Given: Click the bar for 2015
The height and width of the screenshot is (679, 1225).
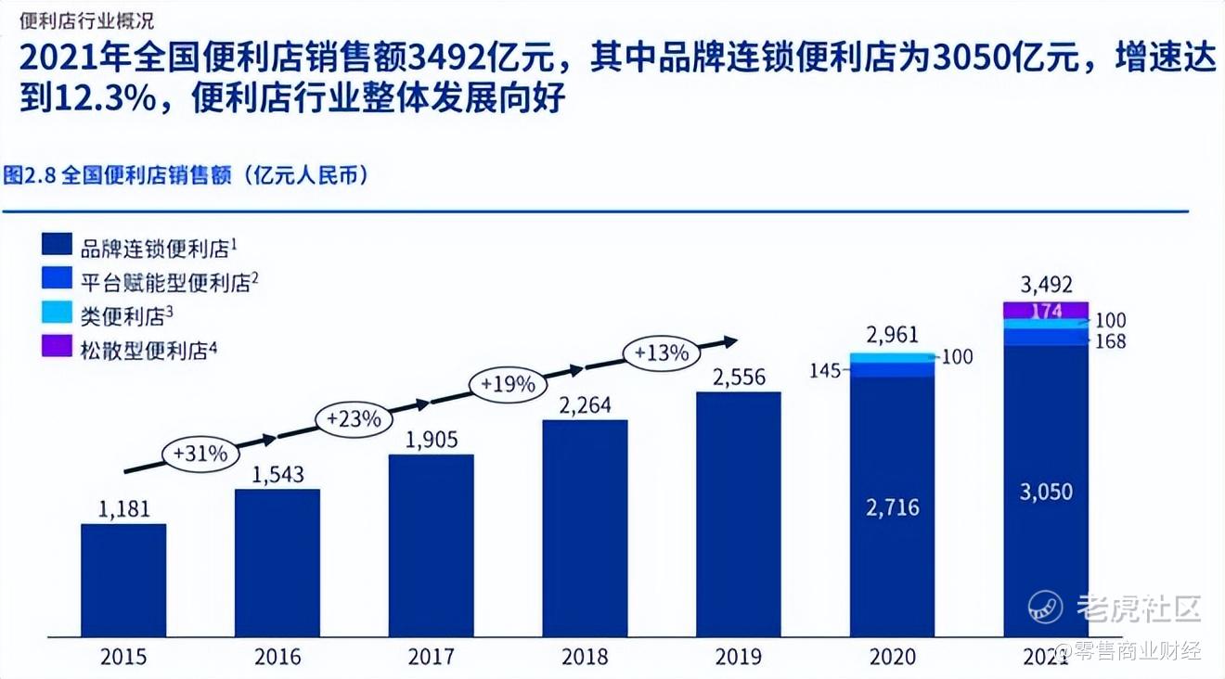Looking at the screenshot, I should pos(123,580).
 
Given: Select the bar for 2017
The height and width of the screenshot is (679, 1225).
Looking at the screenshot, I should pos(431,545).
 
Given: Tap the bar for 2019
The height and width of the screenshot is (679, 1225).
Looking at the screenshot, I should pos(738,514).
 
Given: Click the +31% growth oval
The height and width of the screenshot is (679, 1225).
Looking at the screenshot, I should pos(201,454).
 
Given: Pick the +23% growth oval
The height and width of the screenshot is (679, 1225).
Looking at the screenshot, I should pos(354,418).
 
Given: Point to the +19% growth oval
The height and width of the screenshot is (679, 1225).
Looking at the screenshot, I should pos(508,383).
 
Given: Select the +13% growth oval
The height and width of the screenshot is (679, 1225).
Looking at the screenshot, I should pos(661,352).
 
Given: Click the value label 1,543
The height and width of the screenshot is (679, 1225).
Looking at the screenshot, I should pos(277,474).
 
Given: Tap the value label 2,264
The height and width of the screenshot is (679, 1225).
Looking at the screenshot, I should pos(585,405).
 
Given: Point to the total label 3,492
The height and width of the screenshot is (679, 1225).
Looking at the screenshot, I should pos(1046,285).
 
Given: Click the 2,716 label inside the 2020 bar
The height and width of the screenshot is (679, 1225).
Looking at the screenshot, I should pos(893,506).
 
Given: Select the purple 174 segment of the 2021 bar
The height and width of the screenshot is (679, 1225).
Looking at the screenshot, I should pos(1046,310).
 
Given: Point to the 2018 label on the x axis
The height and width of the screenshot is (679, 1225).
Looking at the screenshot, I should pos(585,657).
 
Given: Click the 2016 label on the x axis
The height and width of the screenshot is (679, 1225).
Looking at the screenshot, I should pos(277,657).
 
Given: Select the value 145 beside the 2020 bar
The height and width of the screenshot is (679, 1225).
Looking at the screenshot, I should pos(825,371).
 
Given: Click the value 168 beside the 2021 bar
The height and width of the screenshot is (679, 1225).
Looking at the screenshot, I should pos(1110,341).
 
